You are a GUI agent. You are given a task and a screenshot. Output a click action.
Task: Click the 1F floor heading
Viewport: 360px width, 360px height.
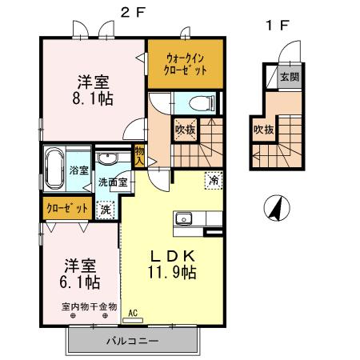pos(277,25)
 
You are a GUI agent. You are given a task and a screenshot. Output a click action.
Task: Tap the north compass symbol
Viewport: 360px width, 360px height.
pos(274,210)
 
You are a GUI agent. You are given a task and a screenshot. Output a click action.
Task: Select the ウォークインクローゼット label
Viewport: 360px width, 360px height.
pos(186,63)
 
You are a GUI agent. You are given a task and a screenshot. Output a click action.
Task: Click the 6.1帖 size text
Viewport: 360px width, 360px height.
pos(81,282)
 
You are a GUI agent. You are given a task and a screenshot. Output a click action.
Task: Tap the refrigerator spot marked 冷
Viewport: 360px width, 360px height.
pos(214,180)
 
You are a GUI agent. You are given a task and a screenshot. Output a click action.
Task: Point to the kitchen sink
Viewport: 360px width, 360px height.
pos(182,218)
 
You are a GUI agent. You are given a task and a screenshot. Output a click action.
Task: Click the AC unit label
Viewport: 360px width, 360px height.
pos(133,312)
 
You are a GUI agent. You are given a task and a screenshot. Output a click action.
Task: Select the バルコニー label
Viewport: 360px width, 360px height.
pos(133,341)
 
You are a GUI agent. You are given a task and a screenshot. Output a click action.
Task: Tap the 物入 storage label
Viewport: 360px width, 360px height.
pos(139,155)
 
